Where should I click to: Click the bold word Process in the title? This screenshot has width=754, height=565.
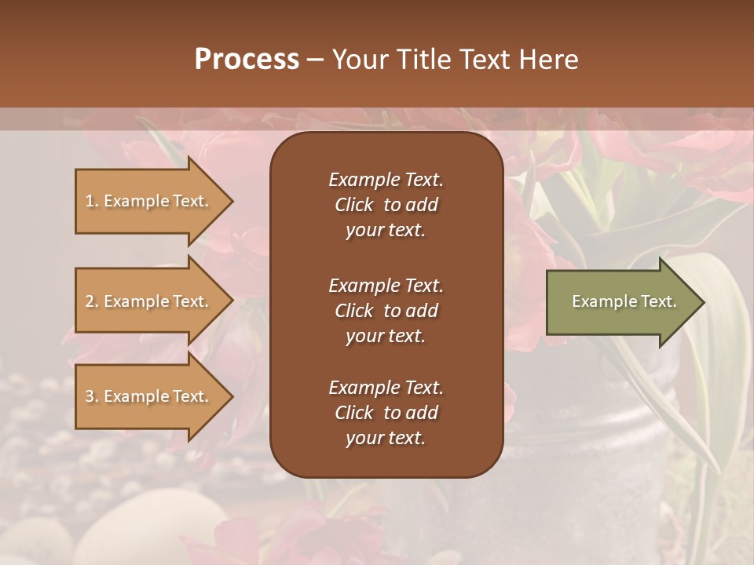point(247,60)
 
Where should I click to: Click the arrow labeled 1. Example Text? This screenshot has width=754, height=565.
point(149,201)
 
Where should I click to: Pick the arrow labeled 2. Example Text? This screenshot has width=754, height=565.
point(149,301)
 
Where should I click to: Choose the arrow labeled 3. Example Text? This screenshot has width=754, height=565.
point(149,396)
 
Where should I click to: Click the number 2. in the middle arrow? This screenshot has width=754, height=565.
point(92,301)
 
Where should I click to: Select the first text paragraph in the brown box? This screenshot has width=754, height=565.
point(386,205)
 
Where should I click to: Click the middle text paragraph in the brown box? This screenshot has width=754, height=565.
point(386,311)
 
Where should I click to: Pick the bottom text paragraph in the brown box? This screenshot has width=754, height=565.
point(386,413)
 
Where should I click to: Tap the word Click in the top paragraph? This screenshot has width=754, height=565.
point(354,205)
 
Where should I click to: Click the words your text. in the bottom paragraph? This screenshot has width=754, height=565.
point(386,439)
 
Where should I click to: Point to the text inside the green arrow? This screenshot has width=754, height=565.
point(624,301)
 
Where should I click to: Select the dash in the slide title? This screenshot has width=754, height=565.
point(315,60)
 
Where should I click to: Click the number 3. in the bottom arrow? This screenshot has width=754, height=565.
point(92,396)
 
